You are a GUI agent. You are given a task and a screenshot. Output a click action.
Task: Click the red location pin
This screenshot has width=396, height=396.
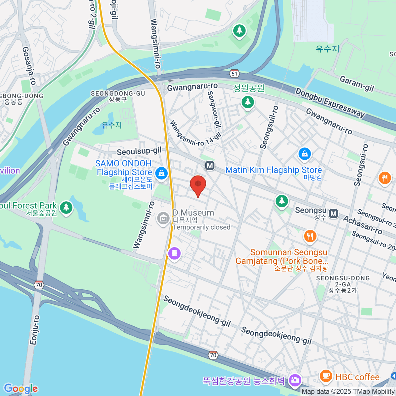pos(198,185)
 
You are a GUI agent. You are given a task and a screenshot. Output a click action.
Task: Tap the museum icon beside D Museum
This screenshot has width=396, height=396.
pos(163,218)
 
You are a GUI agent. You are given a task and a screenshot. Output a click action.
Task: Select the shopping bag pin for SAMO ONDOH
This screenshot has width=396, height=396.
pos(161,173)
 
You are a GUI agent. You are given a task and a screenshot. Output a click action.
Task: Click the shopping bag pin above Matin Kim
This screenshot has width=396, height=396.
pos(305,154)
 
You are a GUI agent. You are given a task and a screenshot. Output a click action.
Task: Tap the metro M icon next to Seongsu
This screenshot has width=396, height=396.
pos(334,214)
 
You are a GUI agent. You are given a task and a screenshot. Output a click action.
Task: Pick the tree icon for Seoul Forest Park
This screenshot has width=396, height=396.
pos(66,208)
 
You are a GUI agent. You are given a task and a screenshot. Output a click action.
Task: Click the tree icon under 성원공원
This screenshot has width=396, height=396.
pos(247,102)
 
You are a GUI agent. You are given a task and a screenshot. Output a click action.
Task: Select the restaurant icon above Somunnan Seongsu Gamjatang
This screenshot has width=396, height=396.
pos(310,236)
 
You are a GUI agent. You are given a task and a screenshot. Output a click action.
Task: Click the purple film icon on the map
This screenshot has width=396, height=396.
pos(175,253)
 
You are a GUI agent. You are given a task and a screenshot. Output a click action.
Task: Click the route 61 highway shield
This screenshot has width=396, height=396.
pos(234,74)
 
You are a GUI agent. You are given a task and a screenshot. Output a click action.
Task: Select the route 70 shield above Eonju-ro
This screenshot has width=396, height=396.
pos(39,285)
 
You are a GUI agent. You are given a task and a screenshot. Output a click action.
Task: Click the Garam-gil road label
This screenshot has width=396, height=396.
pos(356,84)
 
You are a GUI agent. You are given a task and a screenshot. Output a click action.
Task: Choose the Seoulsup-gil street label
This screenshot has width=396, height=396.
pos(139,151)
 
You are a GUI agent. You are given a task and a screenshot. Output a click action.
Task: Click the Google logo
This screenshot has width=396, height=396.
pos(20,388)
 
